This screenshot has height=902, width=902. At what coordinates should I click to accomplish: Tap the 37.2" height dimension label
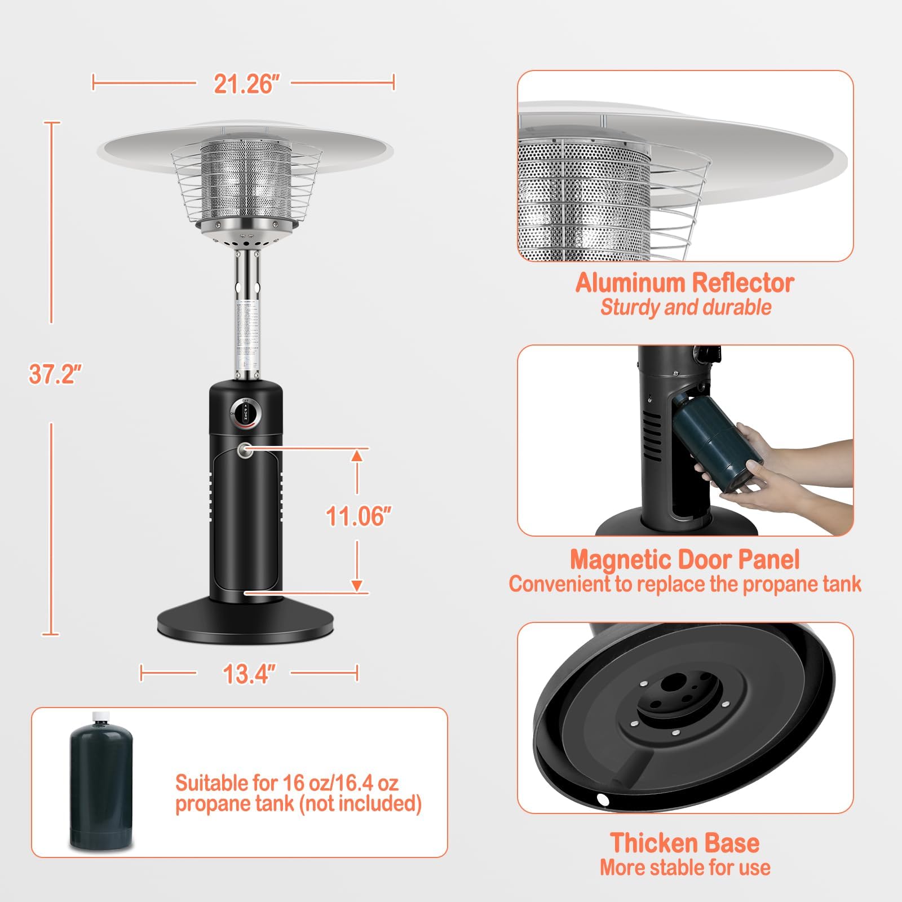[55, 374]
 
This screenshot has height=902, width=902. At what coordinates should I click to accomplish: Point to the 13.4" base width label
[249, 673]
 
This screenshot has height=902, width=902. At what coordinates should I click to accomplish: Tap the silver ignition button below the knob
[245, 450]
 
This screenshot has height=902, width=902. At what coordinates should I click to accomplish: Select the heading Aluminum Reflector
[684, 282]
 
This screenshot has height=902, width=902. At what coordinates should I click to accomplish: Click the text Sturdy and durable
[686, 307]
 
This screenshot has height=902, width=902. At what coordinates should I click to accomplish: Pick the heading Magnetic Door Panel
[684, 559]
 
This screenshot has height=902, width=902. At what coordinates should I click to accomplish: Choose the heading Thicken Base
[684, 843]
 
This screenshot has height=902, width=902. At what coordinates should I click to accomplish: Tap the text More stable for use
[684, 867]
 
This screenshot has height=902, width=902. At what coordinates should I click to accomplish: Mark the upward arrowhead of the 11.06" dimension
[356, 456]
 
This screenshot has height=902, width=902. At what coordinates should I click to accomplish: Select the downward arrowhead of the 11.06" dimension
[356, 586]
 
